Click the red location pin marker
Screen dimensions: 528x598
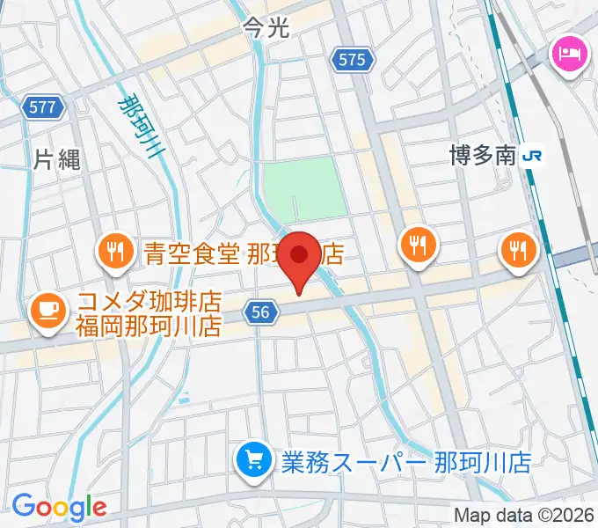coord(300,258)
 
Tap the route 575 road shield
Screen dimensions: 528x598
coord(354,60)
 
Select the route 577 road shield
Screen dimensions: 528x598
coord(41,107)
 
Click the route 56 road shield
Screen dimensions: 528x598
coord(260,311)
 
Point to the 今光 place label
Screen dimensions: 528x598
coord(266,29)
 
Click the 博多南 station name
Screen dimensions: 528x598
coord(480,157)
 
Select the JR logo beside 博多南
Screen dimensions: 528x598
coord(532,157)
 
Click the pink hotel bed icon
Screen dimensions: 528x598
coord(565,55)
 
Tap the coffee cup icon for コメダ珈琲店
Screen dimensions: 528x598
coord(46,311)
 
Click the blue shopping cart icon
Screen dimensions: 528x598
coord(253,459)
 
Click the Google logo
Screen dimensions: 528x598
coord(59,507)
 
